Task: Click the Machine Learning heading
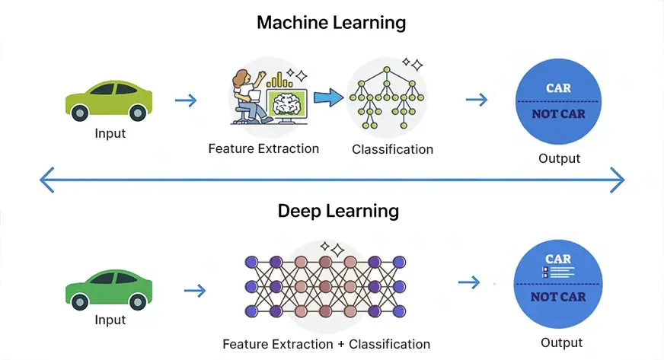pos(331,23)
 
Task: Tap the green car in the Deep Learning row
pos(109,289)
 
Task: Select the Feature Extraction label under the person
pos(263,148)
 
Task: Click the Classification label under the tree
pos(392,149)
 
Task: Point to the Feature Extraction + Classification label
pos(326,344)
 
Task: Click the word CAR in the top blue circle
pos(558,88)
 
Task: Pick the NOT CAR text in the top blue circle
pos(558,115)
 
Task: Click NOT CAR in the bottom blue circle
pos(558,297)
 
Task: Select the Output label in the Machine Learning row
pos(559,158)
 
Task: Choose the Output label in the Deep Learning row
pos(561,342)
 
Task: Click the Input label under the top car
pos(110,133)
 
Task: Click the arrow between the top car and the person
pos(185,100)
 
